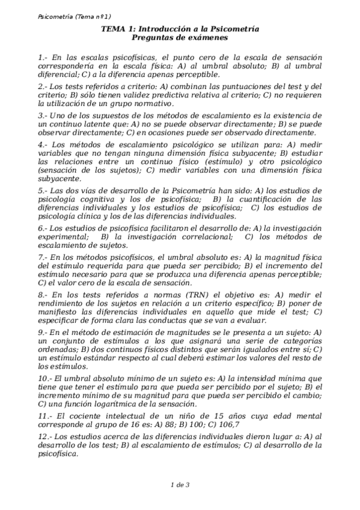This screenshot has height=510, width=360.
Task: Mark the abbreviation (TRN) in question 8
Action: (180, 295)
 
